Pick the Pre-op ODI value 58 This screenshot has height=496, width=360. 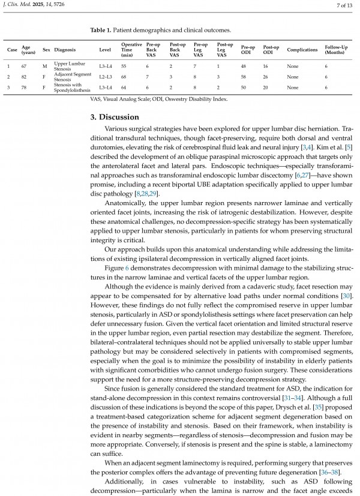click(244, 77)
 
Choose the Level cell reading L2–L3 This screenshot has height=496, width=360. click(106, 77)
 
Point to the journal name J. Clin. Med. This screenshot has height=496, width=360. click(18, 6)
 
